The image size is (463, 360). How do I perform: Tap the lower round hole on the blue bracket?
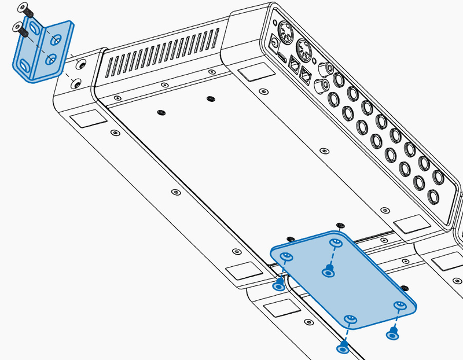click(50, 59)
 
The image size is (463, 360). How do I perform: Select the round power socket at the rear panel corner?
click(274, 42)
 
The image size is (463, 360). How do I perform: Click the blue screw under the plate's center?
click(329, 270)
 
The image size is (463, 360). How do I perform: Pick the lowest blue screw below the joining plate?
click(343, 348)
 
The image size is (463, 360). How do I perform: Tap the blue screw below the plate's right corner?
click(392, 333)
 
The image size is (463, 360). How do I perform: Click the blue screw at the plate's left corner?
click(279, 284)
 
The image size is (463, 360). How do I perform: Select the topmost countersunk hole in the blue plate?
click(334, 243)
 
